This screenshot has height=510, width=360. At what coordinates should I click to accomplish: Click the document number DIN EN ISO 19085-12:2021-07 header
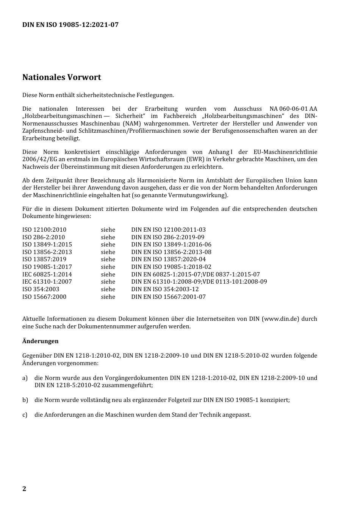(70, 25)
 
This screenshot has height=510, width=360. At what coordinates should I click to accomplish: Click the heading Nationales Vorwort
(62, 77)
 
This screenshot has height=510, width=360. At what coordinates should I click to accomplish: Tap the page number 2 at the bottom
(24, 488)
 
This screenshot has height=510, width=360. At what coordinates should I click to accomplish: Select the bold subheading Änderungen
(41, 341)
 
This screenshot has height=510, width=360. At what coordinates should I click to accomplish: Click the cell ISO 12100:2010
(44, 229)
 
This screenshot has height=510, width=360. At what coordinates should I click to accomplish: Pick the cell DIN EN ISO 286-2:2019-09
(167, 237)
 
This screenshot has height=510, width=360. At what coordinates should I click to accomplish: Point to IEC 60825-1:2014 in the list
(47, 274)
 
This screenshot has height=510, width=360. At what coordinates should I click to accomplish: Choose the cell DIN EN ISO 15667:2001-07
(168, 297)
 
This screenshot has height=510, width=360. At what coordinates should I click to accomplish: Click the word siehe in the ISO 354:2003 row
(108, 289)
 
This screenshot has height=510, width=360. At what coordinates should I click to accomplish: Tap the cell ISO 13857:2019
(44, 259)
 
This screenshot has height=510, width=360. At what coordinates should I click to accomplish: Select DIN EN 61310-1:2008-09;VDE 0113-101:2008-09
(199, 282)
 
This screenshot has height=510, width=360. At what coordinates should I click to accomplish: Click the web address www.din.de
(280, 319)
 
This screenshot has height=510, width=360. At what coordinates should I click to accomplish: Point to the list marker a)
(25, 378)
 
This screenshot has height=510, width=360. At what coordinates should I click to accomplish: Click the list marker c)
(25, 414)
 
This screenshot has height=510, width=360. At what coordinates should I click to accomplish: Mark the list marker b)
(25, 400)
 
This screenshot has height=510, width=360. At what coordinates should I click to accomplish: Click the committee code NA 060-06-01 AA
(293, 109)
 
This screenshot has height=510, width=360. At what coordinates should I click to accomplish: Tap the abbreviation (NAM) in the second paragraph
(131, 124)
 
